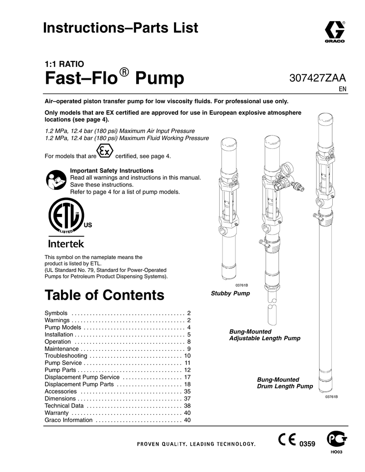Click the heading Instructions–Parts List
[120, 28]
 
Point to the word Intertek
[66, 243]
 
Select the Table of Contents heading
[104, 295]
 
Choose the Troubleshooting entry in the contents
[66, 356]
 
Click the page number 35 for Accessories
[187, 391]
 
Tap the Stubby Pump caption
[230, 294]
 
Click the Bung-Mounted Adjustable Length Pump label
[264, 335]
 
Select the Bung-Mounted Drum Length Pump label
[285, 383]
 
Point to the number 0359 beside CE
[307, 444]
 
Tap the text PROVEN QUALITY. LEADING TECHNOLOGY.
[196, 444]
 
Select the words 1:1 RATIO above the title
[63, 64]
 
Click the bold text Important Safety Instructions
[111, 171]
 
